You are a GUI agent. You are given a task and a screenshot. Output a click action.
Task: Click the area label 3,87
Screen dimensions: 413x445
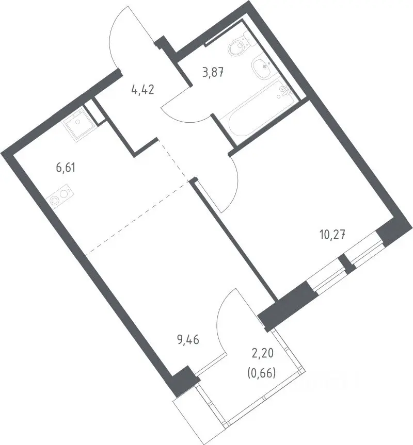(213, 73)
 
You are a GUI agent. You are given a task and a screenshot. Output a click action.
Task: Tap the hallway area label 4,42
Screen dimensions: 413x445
(143, 90)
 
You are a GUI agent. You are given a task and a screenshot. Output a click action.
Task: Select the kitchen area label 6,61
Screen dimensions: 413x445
(66, 168)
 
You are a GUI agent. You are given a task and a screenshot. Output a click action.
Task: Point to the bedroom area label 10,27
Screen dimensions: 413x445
(332, 235)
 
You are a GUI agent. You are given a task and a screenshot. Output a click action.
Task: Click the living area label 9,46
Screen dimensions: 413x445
(188, 339)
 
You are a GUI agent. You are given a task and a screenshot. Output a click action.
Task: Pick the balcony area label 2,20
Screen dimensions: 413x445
(262, 353)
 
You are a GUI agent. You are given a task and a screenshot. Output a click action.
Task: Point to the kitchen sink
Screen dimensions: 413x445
(77, 124)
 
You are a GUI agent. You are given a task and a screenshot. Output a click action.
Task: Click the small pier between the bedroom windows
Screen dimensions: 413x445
(346, 263)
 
